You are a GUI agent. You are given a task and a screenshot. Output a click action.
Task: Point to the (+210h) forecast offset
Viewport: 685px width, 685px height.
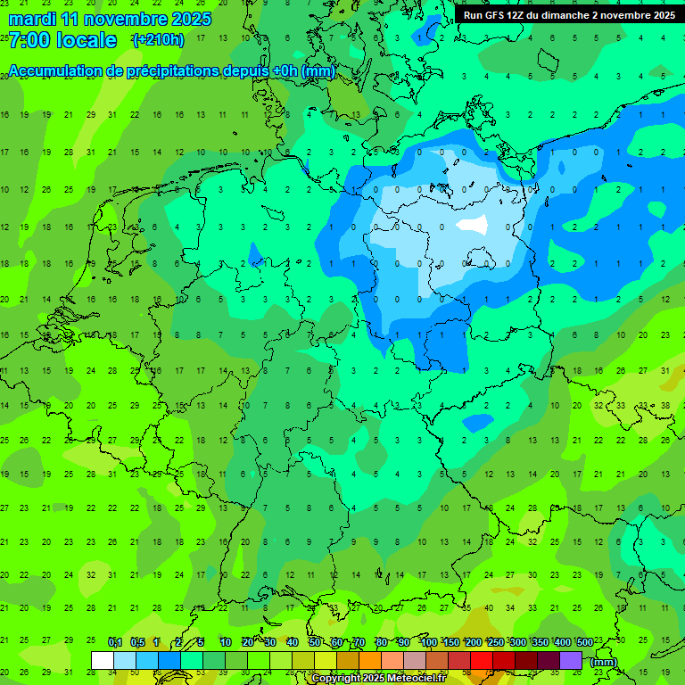[158, 39]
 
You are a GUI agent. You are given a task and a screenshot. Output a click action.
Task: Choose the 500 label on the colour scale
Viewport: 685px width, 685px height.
[584, 642]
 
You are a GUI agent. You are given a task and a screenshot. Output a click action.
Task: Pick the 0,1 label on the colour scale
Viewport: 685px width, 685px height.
[114, 642]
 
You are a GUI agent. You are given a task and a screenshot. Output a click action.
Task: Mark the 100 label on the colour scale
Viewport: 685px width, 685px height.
[429, 642]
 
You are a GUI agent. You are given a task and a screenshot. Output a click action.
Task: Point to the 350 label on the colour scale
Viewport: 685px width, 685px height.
[540, 642]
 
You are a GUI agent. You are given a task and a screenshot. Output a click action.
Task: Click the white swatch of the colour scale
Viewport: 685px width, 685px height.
[102, 660]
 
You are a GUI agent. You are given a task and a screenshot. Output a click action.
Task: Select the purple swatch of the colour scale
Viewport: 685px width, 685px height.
[571, 660]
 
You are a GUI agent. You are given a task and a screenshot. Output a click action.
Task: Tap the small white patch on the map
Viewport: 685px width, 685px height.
[472, 225]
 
